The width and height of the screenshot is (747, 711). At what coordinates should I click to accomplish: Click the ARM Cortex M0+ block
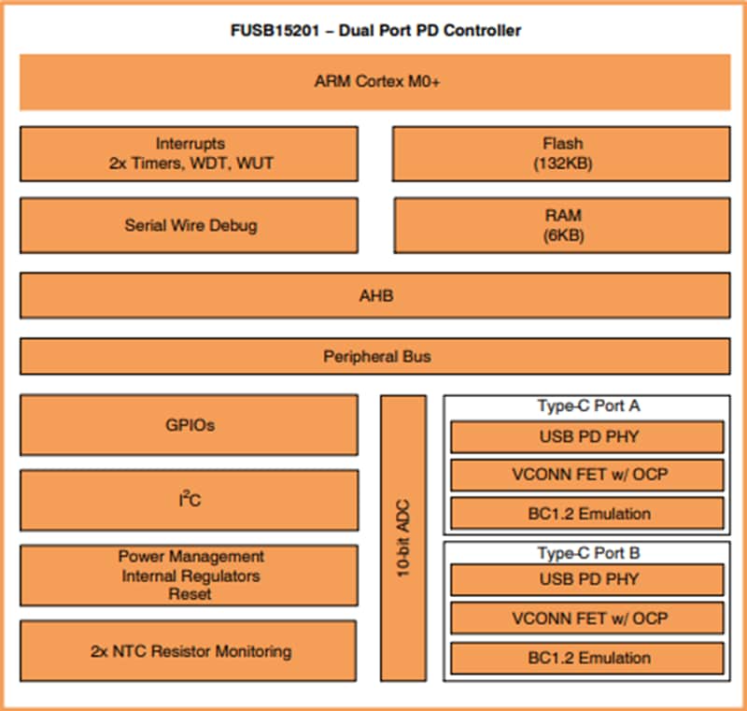point(375,81)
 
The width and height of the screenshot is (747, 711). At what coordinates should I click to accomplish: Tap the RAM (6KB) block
point(562,225)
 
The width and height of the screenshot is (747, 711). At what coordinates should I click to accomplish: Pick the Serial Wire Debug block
point(189,225)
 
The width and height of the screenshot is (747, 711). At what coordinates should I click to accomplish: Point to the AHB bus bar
point(375,295)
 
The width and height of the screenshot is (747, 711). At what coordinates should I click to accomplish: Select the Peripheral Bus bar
point(375,356)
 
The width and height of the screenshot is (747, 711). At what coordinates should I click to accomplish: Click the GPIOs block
point(189,425)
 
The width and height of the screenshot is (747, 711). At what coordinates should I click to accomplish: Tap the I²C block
point(189,501)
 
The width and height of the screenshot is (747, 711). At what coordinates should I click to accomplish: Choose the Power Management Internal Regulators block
point(189,575)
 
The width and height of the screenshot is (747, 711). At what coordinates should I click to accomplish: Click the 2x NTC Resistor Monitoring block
point(189,650)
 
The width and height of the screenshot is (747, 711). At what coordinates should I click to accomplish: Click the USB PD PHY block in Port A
point(587,436)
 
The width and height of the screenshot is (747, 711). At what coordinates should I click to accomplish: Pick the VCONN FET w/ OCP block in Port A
point(587,475)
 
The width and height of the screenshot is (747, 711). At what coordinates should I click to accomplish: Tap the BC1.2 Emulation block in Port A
point(587,513)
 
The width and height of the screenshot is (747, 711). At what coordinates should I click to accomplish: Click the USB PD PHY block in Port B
point(587,579)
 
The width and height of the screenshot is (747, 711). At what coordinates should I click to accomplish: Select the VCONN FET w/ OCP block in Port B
point(587,618)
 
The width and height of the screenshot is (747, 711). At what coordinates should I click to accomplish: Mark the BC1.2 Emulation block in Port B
point(587,657)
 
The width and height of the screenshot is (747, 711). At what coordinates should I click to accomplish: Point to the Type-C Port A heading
point(587,406)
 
